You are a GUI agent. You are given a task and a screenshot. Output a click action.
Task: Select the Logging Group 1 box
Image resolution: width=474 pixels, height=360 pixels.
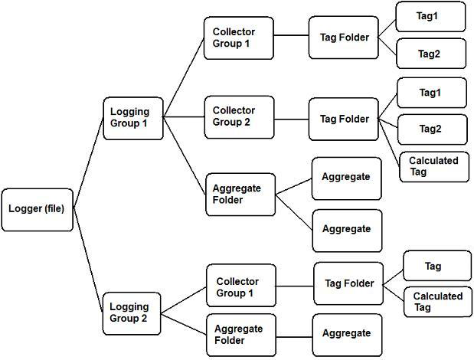point(133,117)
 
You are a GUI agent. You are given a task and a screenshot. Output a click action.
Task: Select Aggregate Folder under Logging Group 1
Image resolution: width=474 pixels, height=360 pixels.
point(240,195)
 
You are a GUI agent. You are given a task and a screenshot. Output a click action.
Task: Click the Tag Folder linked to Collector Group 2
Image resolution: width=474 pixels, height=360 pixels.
point(344,119)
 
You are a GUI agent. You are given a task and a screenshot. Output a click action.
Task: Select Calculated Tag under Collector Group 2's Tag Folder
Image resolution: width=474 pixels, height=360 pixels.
point(433,166)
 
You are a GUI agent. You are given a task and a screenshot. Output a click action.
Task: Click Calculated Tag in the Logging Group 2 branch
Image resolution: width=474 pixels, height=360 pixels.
point(437,302)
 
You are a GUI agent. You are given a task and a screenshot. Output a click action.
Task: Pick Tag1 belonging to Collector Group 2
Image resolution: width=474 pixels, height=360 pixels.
point(431,93)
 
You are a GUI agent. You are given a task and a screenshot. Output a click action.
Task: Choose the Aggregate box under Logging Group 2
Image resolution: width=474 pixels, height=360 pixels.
point(346,334)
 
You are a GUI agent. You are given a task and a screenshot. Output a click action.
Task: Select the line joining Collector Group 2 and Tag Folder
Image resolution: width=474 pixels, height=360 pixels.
point(291,118)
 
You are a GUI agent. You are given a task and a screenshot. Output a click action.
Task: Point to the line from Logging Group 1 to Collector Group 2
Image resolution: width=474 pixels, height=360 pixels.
point(184,117)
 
